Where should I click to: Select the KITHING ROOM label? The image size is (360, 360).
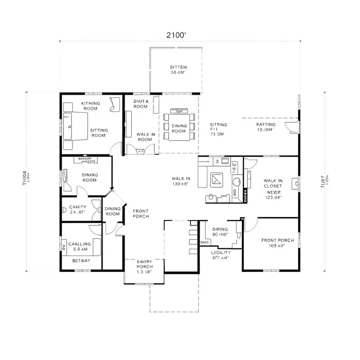[90, 106]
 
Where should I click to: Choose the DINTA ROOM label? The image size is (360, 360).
[141, 104]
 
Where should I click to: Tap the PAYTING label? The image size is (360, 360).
[265, 126]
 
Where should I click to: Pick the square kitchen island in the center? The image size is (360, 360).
[217, 179]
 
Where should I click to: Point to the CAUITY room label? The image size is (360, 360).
[78, 210]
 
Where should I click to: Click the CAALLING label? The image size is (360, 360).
[81, 246]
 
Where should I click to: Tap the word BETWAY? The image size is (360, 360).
[81, 261]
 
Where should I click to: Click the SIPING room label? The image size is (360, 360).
[220, 231]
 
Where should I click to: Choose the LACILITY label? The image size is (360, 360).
[220, 255]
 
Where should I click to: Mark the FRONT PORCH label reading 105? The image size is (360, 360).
[277, 243]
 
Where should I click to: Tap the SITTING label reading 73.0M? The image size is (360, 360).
[218, 129]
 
